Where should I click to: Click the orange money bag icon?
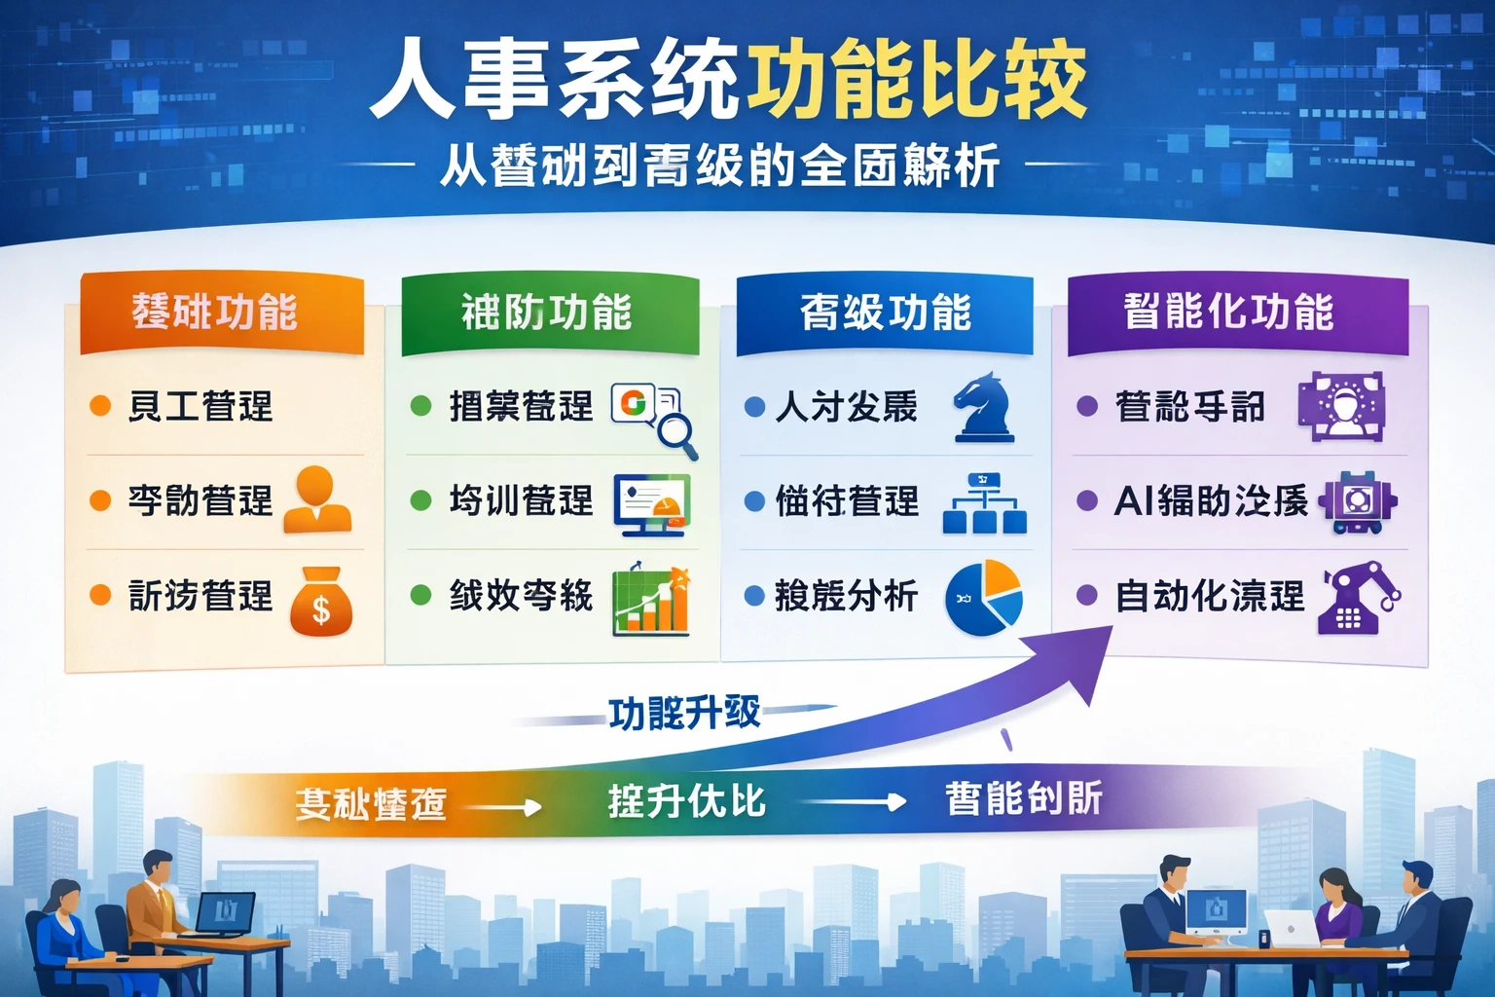[x=321, y=602]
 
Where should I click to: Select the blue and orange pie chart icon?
[x=984, y=598]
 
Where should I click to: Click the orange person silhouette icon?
[x=316, y=498]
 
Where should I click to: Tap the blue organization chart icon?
[x=984, y=503]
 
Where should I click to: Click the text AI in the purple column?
[x=1133, y=501]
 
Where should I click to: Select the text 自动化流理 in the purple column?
[x=1210, y=596]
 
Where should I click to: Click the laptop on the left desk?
[x=226, y=914]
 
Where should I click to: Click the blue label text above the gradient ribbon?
[x=684, y=714]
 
